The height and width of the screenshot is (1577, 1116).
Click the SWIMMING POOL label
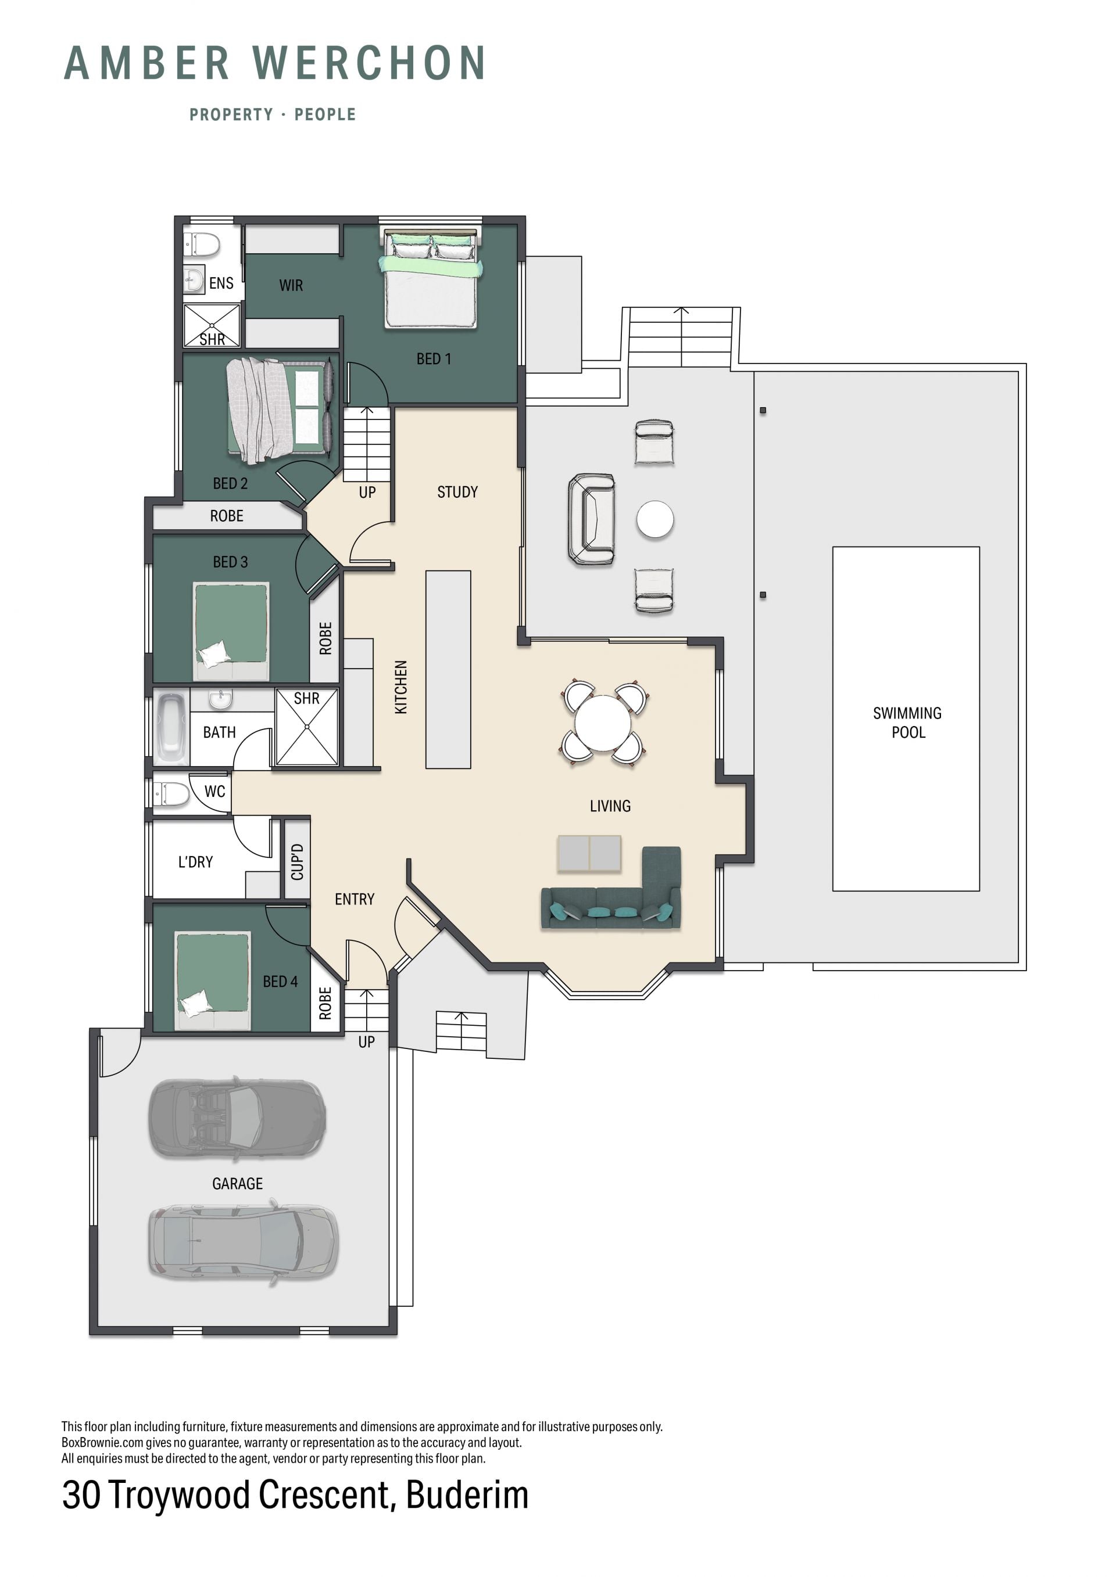click(907, 723)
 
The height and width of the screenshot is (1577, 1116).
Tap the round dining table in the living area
click(603, 723)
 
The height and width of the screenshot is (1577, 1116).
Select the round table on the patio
click(655, 519)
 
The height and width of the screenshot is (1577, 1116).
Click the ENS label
click(221, 283)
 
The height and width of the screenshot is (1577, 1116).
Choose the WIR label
click(291, 285)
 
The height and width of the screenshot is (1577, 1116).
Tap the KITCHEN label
click(401, 687)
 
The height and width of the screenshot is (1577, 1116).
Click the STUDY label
click(457, 492)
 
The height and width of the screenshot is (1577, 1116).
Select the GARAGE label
click(237, 1183)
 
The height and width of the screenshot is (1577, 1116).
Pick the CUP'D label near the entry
click(297, 862)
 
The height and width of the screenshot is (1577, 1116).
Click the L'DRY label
click(196, 862)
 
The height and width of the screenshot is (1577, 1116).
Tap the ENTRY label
click(355, 899)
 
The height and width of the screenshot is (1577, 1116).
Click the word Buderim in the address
click(467, 1495)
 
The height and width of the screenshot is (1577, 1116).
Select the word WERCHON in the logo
click(370, 63)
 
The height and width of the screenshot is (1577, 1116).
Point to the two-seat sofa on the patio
click(591, 519)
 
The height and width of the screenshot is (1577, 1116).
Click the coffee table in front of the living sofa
click(589, 853)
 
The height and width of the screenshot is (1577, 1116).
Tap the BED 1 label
click(434, 358)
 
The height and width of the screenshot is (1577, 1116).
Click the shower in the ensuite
click(212, 325)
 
